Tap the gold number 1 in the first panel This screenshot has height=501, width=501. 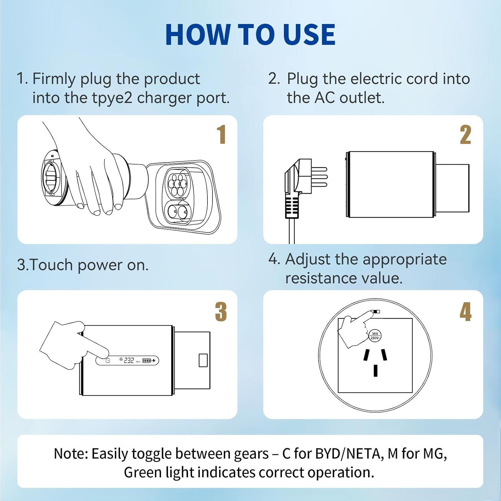click(221, 135)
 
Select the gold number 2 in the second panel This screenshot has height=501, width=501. click(465, 135)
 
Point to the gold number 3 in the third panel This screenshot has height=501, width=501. click(221, 312)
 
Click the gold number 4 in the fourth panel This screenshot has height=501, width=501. click(465, 312)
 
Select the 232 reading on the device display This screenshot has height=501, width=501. click(129, 360)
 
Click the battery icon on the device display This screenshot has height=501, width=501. click(147, 360)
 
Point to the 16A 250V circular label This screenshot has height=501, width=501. click(375, 336)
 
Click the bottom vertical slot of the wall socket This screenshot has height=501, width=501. click(375, 371)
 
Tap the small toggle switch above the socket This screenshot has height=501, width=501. click(376, 312)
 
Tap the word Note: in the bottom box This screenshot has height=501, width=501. click(71, 454)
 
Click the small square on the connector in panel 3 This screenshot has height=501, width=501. click(203, 360)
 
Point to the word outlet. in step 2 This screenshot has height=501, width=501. click(362, 98)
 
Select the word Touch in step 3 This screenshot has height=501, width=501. click(51, 265)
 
